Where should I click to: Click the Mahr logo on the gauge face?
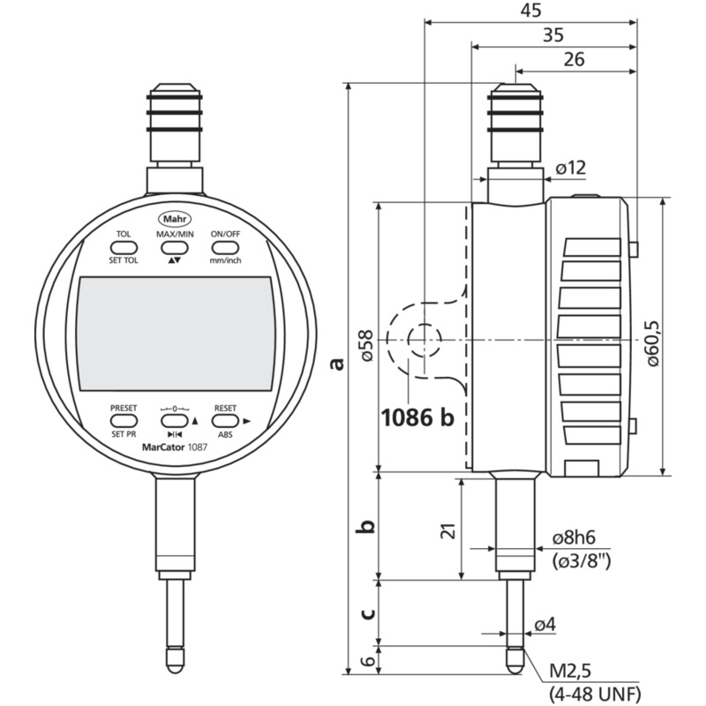[174, 218]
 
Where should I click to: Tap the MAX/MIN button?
[175, 248]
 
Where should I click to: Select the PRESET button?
[124, 422]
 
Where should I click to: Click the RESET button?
[225, 422]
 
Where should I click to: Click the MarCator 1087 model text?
[174, 447]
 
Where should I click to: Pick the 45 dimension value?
[529, 10]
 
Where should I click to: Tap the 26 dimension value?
[574, 60]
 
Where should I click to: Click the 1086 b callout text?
[417, 417]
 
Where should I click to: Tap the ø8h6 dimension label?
[579, 537]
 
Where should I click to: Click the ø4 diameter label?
[545, 625]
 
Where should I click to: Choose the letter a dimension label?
[334, 363]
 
